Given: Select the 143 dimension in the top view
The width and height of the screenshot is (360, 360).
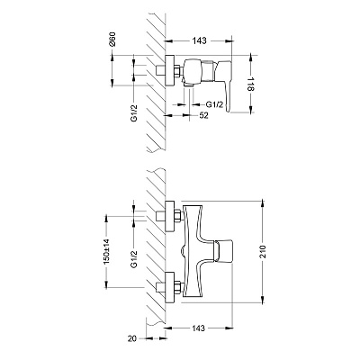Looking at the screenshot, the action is coord(200,40).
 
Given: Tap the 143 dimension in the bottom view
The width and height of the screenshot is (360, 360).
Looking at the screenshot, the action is coord(198,328).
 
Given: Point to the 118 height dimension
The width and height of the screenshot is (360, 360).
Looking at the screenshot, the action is coord(251,84).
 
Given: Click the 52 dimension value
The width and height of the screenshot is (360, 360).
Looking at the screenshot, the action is coord(203,115).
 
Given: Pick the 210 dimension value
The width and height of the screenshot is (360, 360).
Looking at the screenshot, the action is coord(263,252).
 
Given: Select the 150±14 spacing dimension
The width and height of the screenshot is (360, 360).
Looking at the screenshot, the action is coord(107,252).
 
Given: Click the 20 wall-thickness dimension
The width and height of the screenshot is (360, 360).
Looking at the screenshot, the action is coord(132,338).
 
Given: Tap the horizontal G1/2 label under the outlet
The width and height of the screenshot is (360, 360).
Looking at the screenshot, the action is coord(214,104).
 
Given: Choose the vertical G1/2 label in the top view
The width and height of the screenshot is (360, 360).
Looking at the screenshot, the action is coord(134,113).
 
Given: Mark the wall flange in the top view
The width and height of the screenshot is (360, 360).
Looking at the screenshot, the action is coord(170,71).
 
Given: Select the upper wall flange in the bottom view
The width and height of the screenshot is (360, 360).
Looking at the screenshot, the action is coord(170,216).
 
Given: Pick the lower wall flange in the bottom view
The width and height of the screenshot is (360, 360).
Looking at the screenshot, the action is coord(170,287).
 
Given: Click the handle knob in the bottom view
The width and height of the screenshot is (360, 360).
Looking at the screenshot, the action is coord(223,251).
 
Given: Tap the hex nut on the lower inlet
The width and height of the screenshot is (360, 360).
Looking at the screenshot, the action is coord(178,287).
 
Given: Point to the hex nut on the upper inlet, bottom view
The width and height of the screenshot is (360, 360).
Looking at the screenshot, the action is coord(178,216).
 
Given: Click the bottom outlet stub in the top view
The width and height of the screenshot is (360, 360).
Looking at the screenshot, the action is coord(189,86).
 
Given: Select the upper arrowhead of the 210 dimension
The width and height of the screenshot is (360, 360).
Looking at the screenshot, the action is coord(263,204).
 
